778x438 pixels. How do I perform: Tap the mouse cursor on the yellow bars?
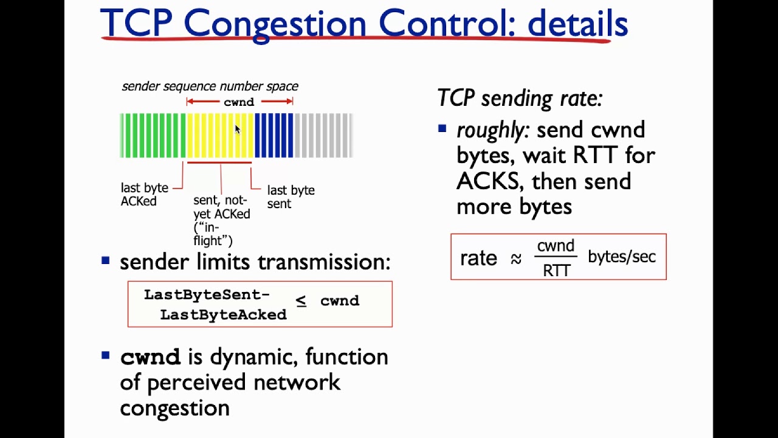[237, 129]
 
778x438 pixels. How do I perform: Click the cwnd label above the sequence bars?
[239, 102]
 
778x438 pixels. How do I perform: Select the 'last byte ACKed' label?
[144, 195]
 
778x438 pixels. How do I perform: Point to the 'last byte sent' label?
[291, 197]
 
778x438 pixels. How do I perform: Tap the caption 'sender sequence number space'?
[210, 86]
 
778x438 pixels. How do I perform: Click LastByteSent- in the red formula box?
[207, 295]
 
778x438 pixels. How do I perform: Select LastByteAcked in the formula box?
[223, 315]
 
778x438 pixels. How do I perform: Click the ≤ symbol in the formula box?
[301, 301]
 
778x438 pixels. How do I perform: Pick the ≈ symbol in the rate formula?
[516, 259]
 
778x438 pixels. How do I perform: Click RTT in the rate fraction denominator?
[556, 271]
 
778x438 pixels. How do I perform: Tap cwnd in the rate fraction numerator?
[556, 246]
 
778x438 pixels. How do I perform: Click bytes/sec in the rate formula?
[622, 257]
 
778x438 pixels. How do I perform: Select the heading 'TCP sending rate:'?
[520, 99]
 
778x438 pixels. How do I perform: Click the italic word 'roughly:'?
[491, 130]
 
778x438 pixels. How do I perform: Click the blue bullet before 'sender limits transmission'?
[106, 260]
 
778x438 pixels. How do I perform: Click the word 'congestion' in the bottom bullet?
[174, 408]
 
